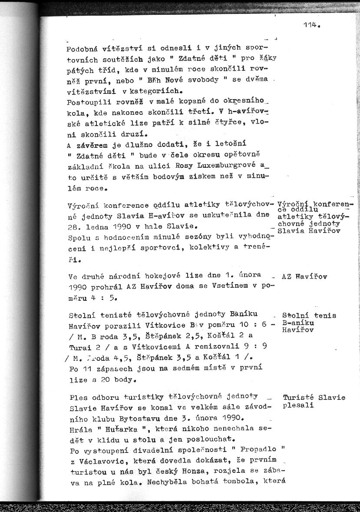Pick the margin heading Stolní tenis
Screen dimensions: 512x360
309,316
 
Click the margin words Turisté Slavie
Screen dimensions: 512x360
314,397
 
